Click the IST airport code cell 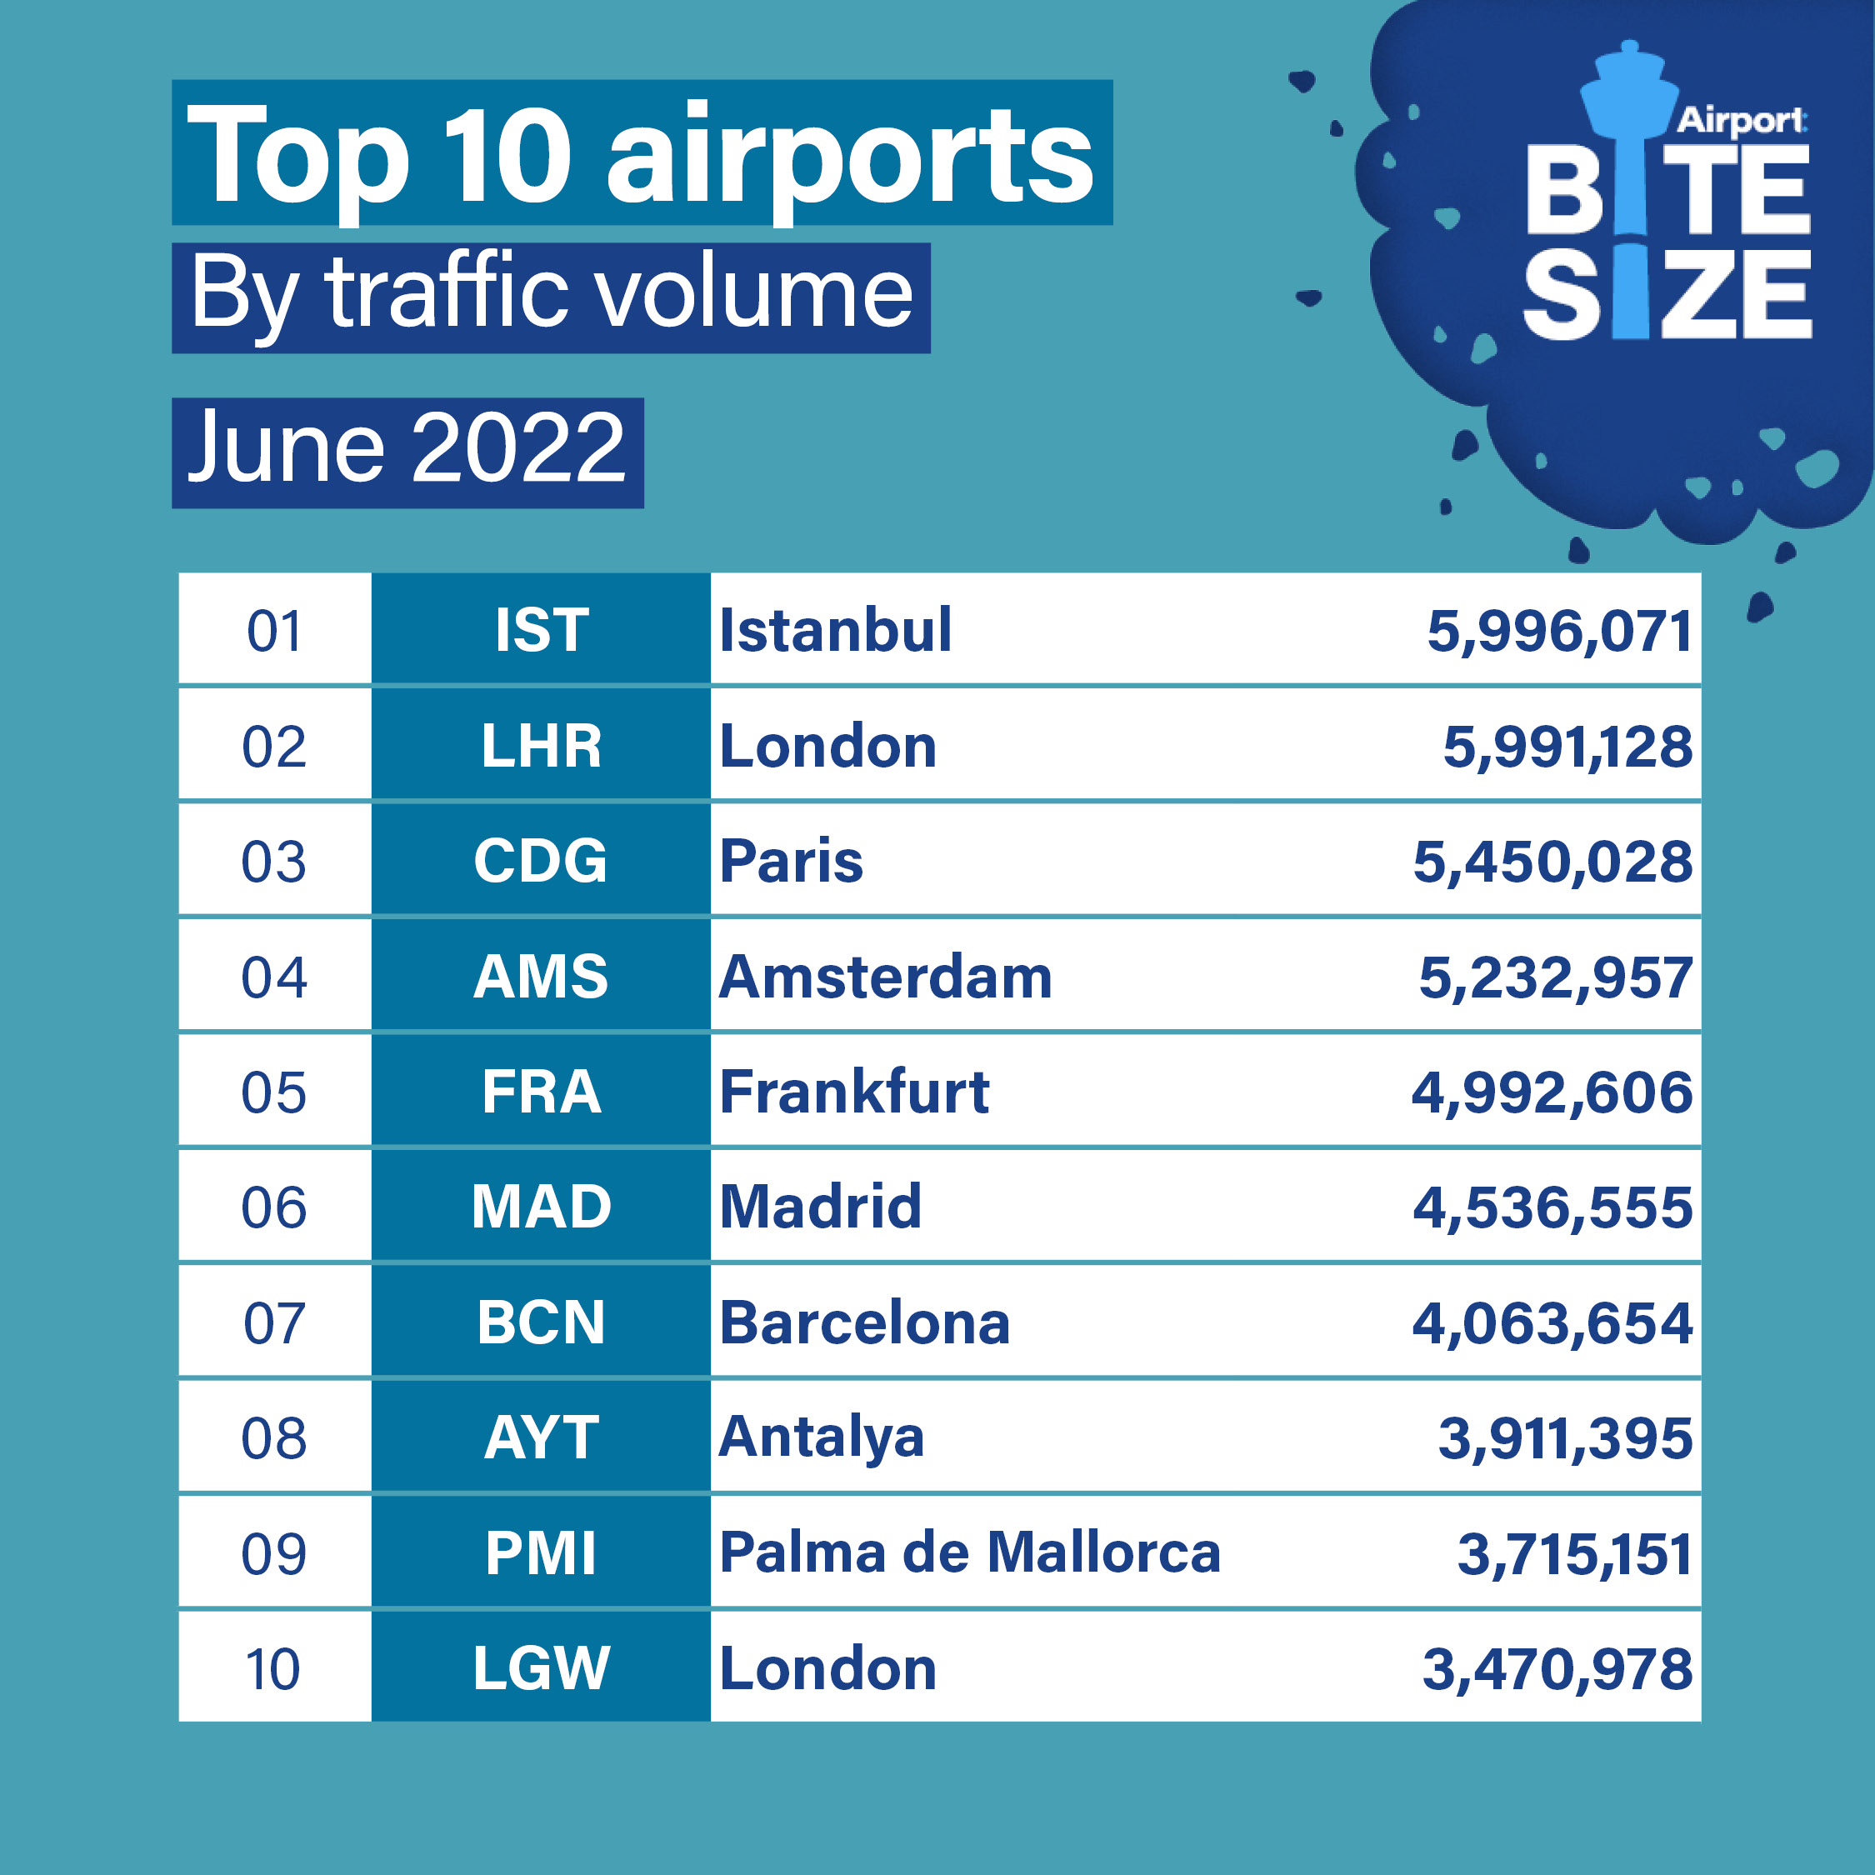pos(541,630)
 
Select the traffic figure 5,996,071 pos(1558,632)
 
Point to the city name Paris pos(791,861)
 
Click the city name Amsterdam pos(885,977)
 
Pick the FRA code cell pos(541,1092)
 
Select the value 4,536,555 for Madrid pos(1552,1207)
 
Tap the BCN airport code pos(541,1322)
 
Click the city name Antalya pos(821,1437)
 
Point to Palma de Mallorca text pos(968,1552)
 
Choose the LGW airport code pos(541,1668)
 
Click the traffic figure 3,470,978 pos(1557,1669)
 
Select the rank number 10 pos(273,1669)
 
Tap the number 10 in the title pos(507,155)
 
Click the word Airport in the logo pos(1740,120)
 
